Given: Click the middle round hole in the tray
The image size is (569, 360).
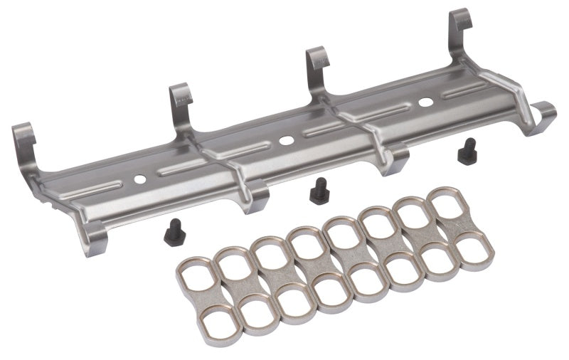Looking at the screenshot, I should coord(286,140).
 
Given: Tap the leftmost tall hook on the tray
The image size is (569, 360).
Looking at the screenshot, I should coord(23,142).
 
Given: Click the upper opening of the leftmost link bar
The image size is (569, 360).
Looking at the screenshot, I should coord(193,274).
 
